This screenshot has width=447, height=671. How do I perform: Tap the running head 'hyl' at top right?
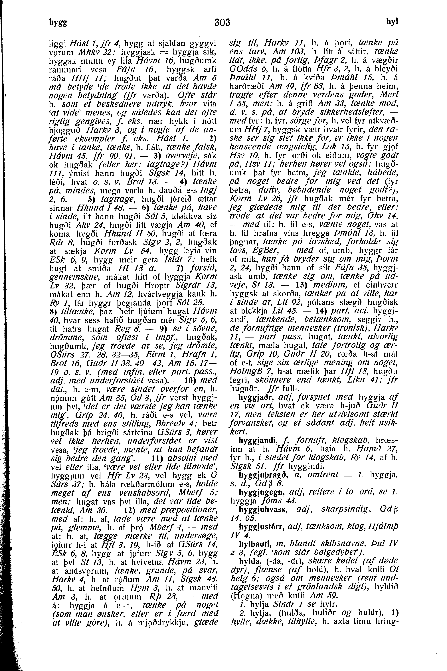pos(392,21)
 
